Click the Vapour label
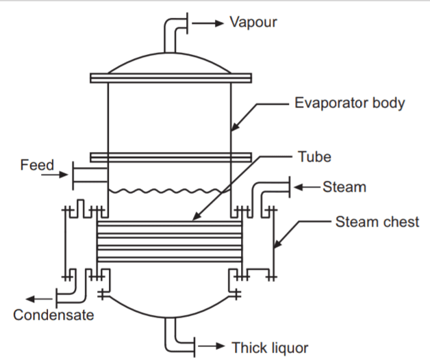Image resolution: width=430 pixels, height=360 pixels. pos(253,22)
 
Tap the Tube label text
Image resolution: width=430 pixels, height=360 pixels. pos(314,157)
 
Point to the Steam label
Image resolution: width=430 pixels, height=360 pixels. pos(344,186)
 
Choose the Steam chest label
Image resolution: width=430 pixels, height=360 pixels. pos(377,222)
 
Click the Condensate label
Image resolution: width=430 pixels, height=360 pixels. pos(53,315)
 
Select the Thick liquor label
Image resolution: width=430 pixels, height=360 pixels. pos(270,347)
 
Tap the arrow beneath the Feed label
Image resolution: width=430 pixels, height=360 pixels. pos(53,176)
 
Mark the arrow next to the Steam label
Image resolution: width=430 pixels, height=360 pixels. pos(307,186)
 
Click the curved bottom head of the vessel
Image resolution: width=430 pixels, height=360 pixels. pos(169,306)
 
